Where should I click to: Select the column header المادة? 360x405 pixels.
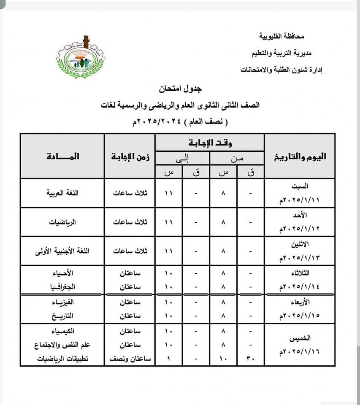coord(62,156)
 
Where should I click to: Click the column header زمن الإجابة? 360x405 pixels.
coord(130,156)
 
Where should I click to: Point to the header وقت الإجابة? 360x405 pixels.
coord(209,143)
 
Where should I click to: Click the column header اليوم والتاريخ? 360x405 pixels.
coord(300,156)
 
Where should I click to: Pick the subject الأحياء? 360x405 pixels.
coord(69,273)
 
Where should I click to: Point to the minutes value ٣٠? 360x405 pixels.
coord(251,359)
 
